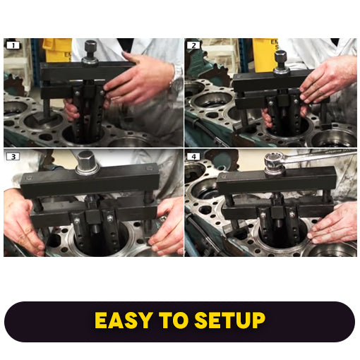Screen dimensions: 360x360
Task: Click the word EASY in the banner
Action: [124, 321]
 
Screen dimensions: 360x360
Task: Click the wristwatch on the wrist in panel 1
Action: [176, 73]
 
